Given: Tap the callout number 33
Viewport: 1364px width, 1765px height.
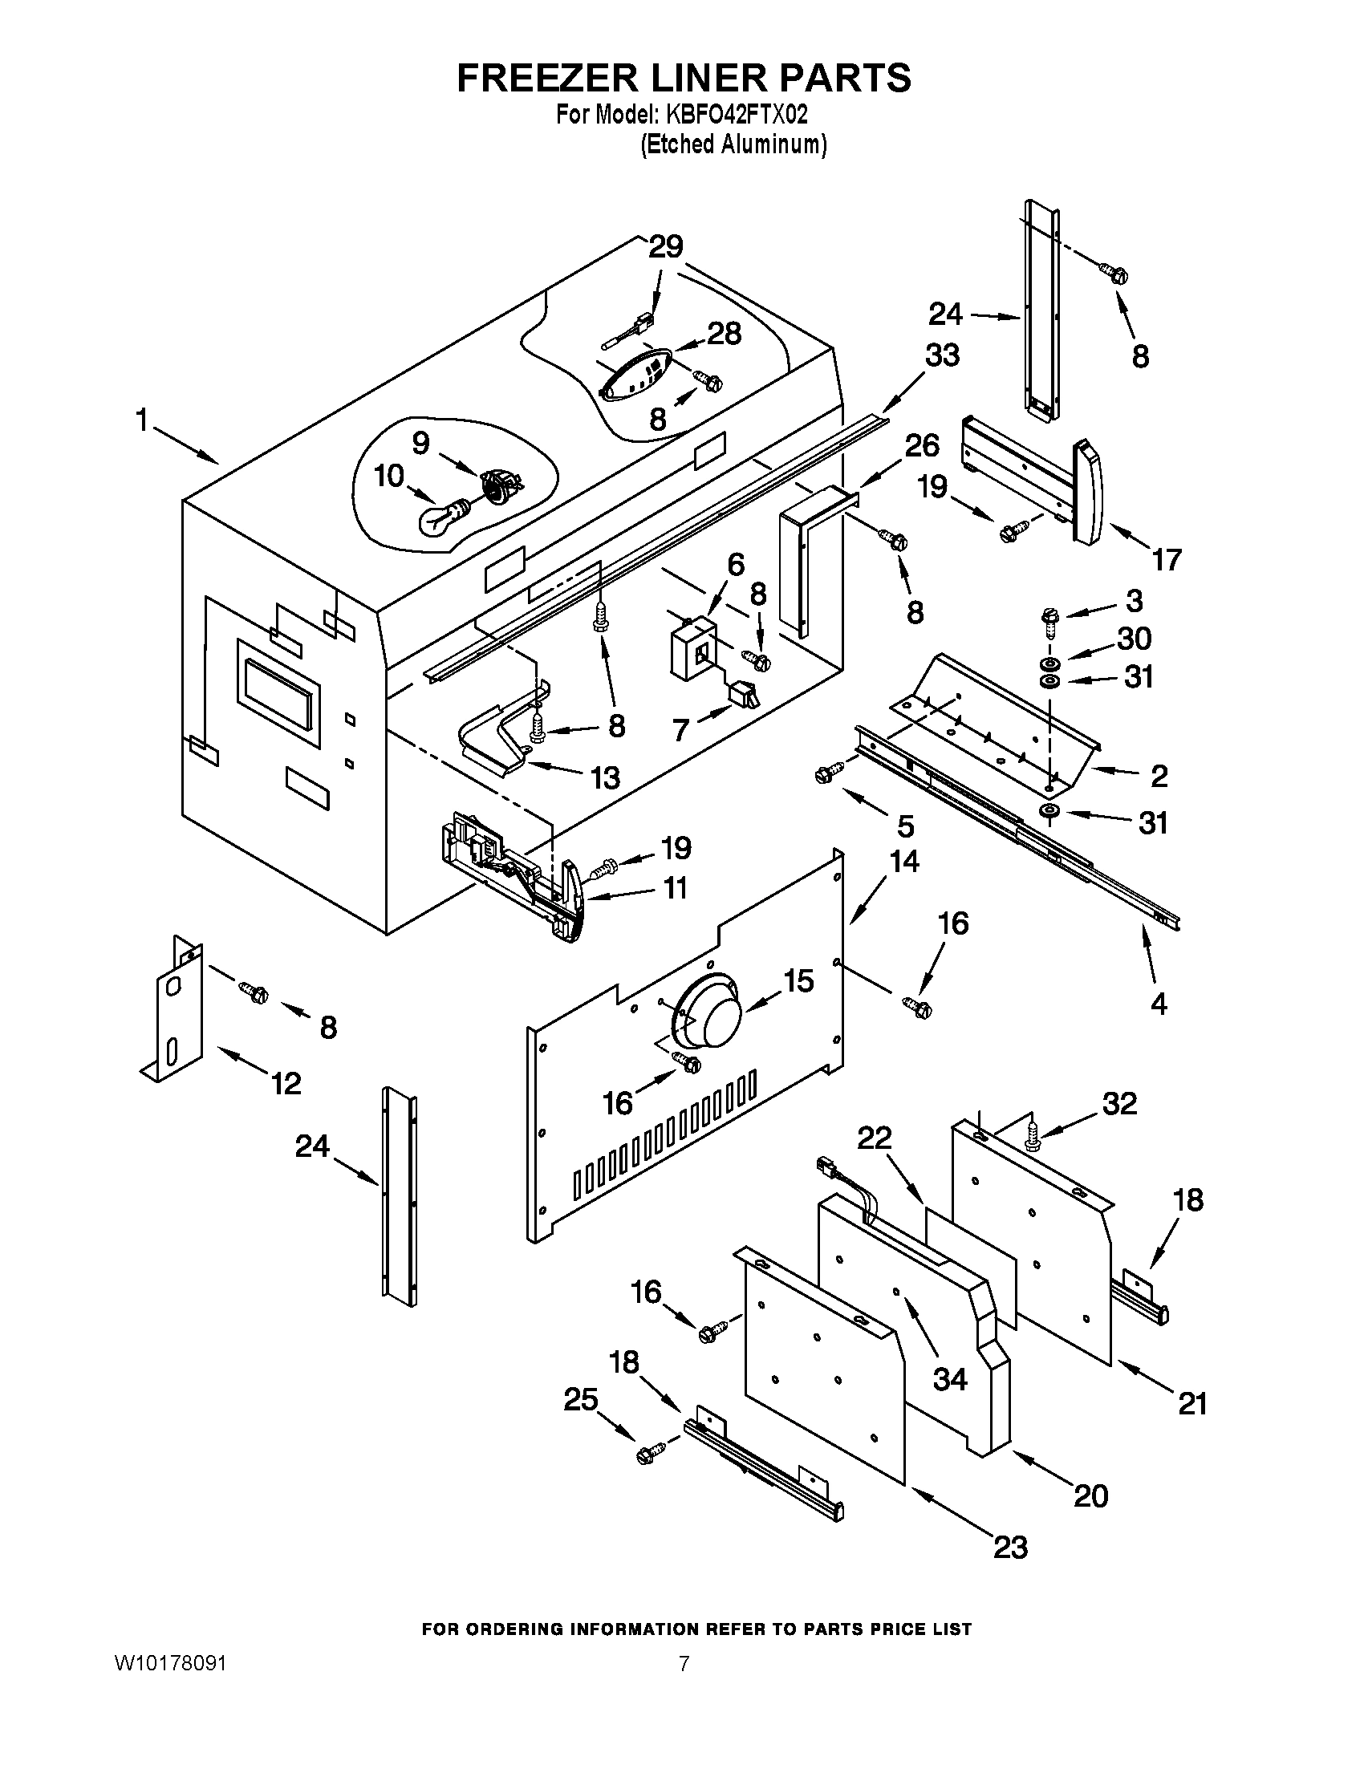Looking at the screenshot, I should pos(941,355).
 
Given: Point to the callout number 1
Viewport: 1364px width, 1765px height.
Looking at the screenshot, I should pos(142,420).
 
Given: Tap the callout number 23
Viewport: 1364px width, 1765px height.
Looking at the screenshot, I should pos(1010,1547).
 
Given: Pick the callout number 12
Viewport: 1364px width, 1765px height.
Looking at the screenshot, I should pos(286,1082).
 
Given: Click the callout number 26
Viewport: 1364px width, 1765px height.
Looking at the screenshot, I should pos(922,446).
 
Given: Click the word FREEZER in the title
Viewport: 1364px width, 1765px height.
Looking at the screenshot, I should pos(543,78).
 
